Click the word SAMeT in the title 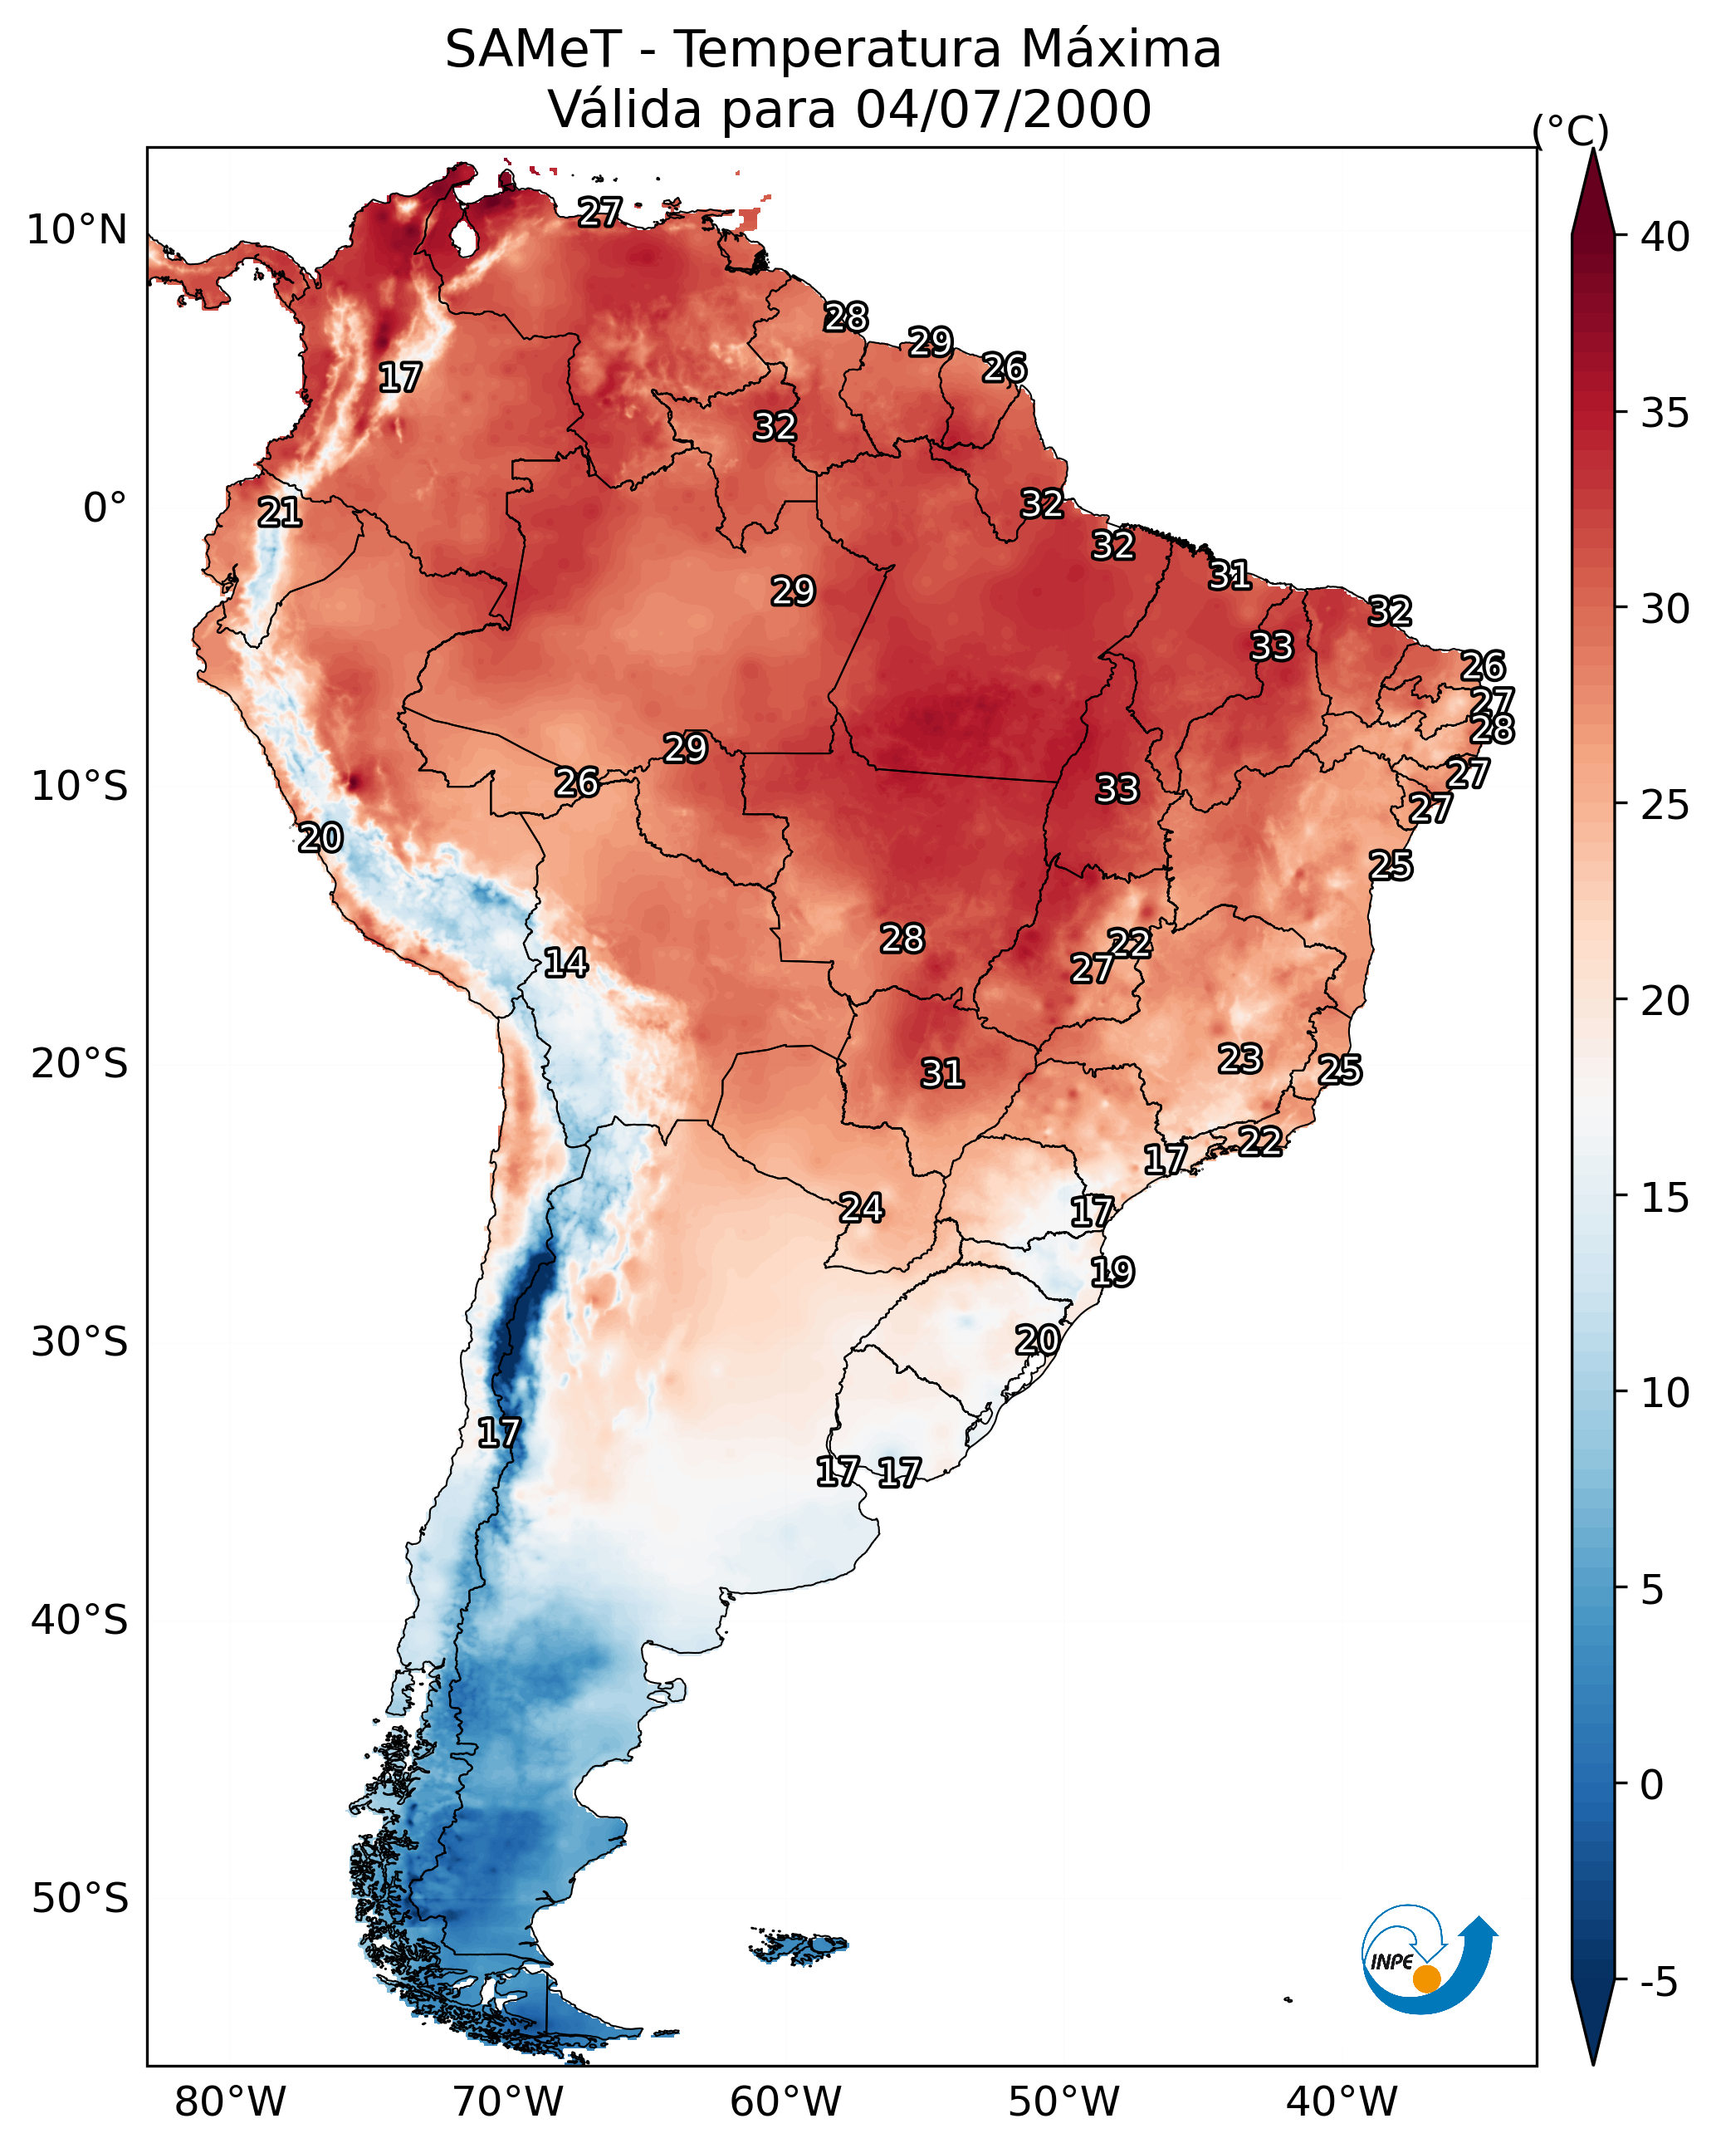coord(533,50)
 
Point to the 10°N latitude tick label coord(76,230)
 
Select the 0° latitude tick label coord(105,508)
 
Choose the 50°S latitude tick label coord(80,1899)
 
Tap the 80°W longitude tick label coord(230,2101)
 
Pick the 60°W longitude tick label coord(786,2101)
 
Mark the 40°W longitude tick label coord(1342,2101)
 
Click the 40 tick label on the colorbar coord(1665,237)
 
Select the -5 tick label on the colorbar coord(1658,1983)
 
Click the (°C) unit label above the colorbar coord(1570,130)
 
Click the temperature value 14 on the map coord(565,963)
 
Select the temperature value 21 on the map coord(280,513)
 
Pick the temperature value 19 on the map coord(1112,1273)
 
